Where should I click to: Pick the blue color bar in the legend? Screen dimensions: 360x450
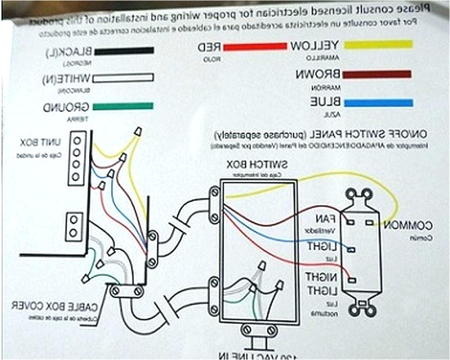pyautogui.click(x=378, y=103)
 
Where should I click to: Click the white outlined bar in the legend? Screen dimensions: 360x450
pyautogui.click(x=123, y=78)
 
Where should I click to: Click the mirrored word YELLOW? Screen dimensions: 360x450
pyautogui.click(x=315, y=45)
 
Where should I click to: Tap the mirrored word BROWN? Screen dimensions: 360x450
pyautogui.click(x=318, y=74)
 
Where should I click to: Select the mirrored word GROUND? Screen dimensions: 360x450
pyautogui.click(x=66, y=108)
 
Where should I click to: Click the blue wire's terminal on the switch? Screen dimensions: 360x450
pyautogui.click(x=352, y=249)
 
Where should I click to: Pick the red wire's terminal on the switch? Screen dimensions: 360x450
pyautogui.click(x=352, y=280)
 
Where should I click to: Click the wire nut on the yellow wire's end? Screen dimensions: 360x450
pyautogui.click(x=137, y=132)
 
